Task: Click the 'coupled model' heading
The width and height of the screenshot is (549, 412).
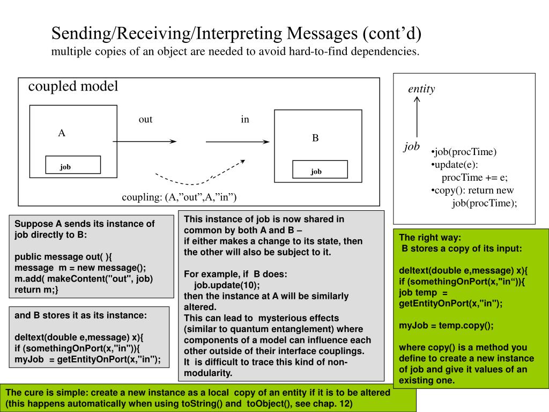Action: pos(73,86)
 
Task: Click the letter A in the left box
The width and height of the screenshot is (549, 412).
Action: pos(62,134)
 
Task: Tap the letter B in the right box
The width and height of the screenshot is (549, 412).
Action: pos(316,138)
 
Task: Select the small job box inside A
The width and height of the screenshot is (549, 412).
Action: pos(73,165)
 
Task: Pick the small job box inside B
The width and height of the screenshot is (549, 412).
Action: pos(320,170)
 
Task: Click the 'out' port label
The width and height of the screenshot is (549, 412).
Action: pos(145,119)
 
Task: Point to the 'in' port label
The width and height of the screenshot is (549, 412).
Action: pos(245,119)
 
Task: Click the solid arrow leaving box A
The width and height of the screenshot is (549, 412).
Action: pos(145,142)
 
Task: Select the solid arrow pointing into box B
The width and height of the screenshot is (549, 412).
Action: pos(238,142)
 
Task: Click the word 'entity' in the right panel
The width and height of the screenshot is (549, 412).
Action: pos(421,89)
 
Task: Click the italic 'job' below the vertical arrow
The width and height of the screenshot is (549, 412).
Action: pos(412,146)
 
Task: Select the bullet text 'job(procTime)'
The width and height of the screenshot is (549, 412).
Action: pos(465,152)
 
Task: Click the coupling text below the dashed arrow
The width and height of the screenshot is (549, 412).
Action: pos(179,197)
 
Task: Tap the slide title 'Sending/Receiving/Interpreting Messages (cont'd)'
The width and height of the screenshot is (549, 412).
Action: pos(236,34)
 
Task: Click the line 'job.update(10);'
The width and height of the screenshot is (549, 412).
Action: pos(227,285)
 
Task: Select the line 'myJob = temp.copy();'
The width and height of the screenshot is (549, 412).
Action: pos(446,325)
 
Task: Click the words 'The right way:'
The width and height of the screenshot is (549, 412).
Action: pos(430,238)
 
